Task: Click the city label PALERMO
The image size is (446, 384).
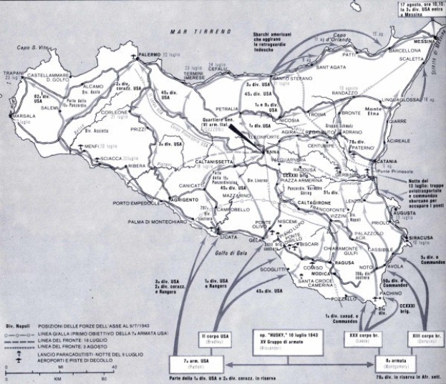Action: tap(149, 54)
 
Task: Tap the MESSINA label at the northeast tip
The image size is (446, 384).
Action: tap(422, 42)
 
